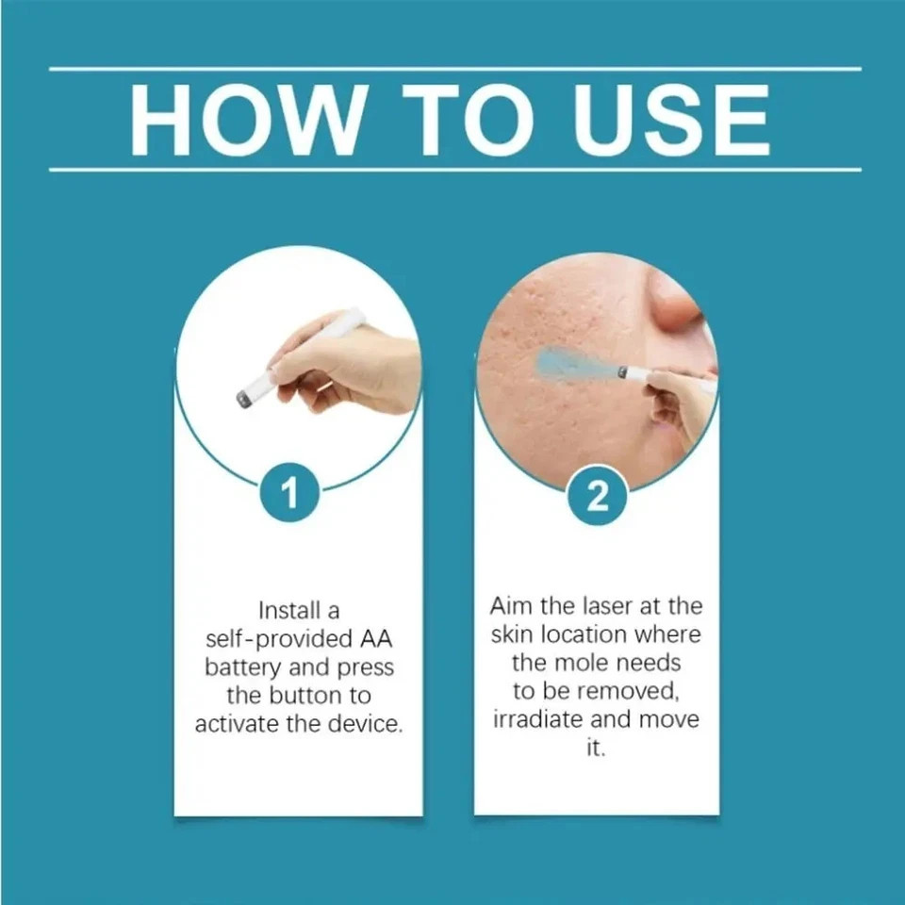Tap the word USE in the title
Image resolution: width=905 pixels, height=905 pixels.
tap(671, 120)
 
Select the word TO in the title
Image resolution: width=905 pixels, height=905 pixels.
tap(469, 120)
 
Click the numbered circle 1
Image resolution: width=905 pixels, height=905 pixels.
tap(289, 493)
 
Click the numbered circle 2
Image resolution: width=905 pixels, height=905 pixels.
tap(598, 495)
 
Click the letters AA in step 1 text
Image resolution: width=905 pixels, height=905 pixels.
tap(377, 639)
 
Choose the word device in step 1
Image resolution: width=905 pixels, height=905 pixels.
tap(365, 723)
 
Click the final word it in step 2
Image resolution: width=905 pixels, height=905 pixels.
tap(596, 748)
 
